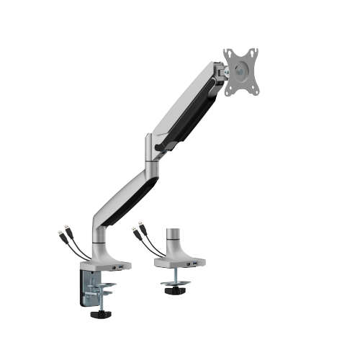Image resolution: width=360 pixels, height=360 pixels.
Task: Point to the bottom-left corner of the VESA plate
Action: click(225, 92)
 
